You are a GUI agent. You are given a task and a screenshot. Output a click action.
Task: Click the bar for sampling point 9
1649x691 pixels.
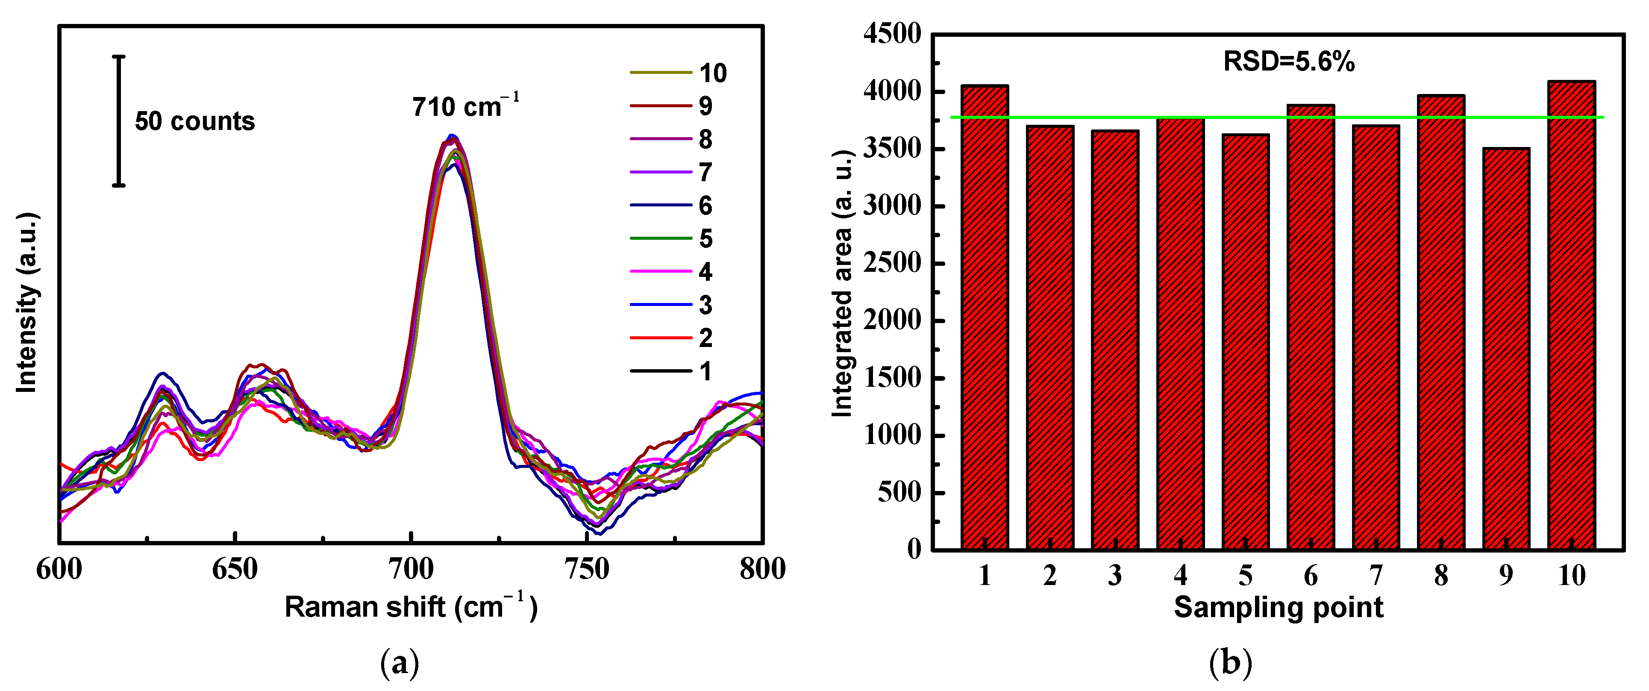coord(1505,349)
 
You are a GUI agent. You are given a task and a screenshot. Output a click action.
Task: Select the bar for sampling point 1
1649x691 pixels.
coord(985,317)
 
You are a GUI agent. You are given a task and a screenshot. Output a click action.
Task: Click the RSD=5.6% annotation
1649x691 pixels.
coord(1289,62)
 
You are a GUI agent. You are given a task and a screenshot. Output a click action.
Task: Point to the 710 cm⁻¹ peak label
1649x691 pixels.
coord(465,106)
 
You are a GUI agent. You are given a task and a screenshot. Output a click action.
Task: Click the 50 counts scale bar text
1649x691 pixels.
coord(194,121)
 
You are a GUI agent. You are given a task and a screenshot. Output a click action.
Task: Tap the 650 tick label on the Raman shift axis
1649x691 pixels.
coord(235,569)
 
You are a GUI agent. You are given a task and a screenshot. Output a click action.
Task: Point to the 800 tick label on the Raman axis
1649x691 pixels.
coord(762,569)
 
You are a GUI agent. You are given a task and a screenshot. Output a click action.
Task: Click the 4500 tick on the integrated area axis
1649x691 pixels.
coord(892,33)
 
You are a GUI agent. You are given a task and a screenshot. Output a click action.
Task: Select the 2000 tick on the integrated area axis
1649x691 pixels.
coord(892,320)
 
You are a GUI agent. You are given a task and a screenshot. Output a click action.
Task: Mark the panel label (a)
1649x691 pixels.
coord(400,663)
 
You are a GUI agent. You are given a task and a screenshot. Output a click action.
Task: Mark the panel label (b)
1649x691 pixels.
coord(1230,663)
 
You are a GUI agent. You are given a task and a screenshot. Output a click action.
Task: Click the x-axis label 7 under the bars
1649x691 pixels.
coord(1376,575)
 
